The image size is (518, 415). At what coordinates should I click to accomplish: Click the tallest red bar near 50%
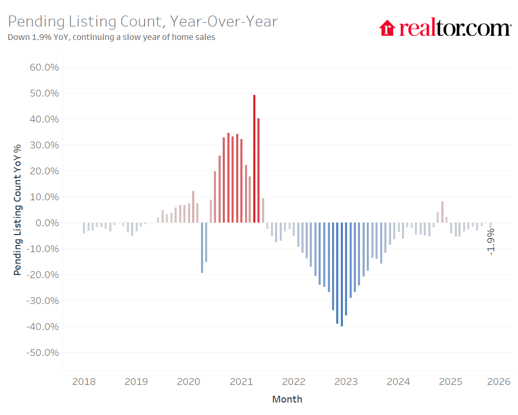coord(254,158)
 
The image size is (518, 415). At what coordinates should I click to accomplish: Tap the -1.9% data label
coord(491,241)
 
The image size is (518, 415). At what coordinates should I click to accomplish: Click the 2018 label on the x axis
coord(83,382)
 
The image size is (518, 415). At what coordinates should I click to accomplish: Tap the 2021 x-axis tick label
coord(241,382)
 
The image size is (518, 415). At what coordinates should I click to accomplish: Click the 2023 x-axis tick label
coord(346,382)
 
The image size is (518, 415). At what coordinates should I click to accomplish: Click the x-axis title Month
coord(287,399)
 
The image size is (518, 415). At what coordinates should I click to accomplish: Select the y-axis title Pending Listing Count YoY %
coord(18,210)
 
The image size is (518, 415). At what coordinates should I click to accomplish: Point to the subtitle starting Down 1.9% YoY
coord(111,37)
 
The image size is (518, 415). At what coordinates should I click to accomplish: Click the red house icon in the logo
coord(387,27)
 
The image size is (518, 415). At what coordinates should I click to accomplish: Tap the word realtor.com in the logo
coord(455,27)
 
